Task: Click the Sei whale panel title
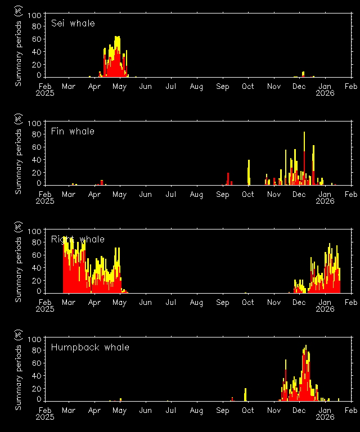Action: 73,24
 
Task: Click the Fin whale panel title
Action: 73,132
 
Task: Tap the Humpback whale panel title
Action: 90,348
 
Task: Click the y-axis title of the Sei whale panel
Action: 19,46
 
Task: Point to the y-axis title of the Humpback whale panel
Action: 19,370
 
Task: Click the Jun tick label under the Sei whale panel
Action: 145,87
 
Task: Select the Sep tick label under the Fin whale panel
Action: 223,195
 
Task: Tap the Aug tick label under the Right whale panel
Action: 196,303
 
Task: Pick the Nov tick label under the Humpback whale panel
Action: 274,411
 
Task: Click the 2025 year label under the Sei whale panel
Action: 45,93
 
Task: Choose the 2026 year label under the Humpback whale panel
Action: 325,417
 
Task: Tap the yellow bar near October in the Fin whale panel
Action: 249,172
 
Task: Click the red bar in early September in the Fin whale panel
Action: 228,179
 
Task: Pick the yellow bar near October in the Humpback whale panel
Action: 245,394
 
